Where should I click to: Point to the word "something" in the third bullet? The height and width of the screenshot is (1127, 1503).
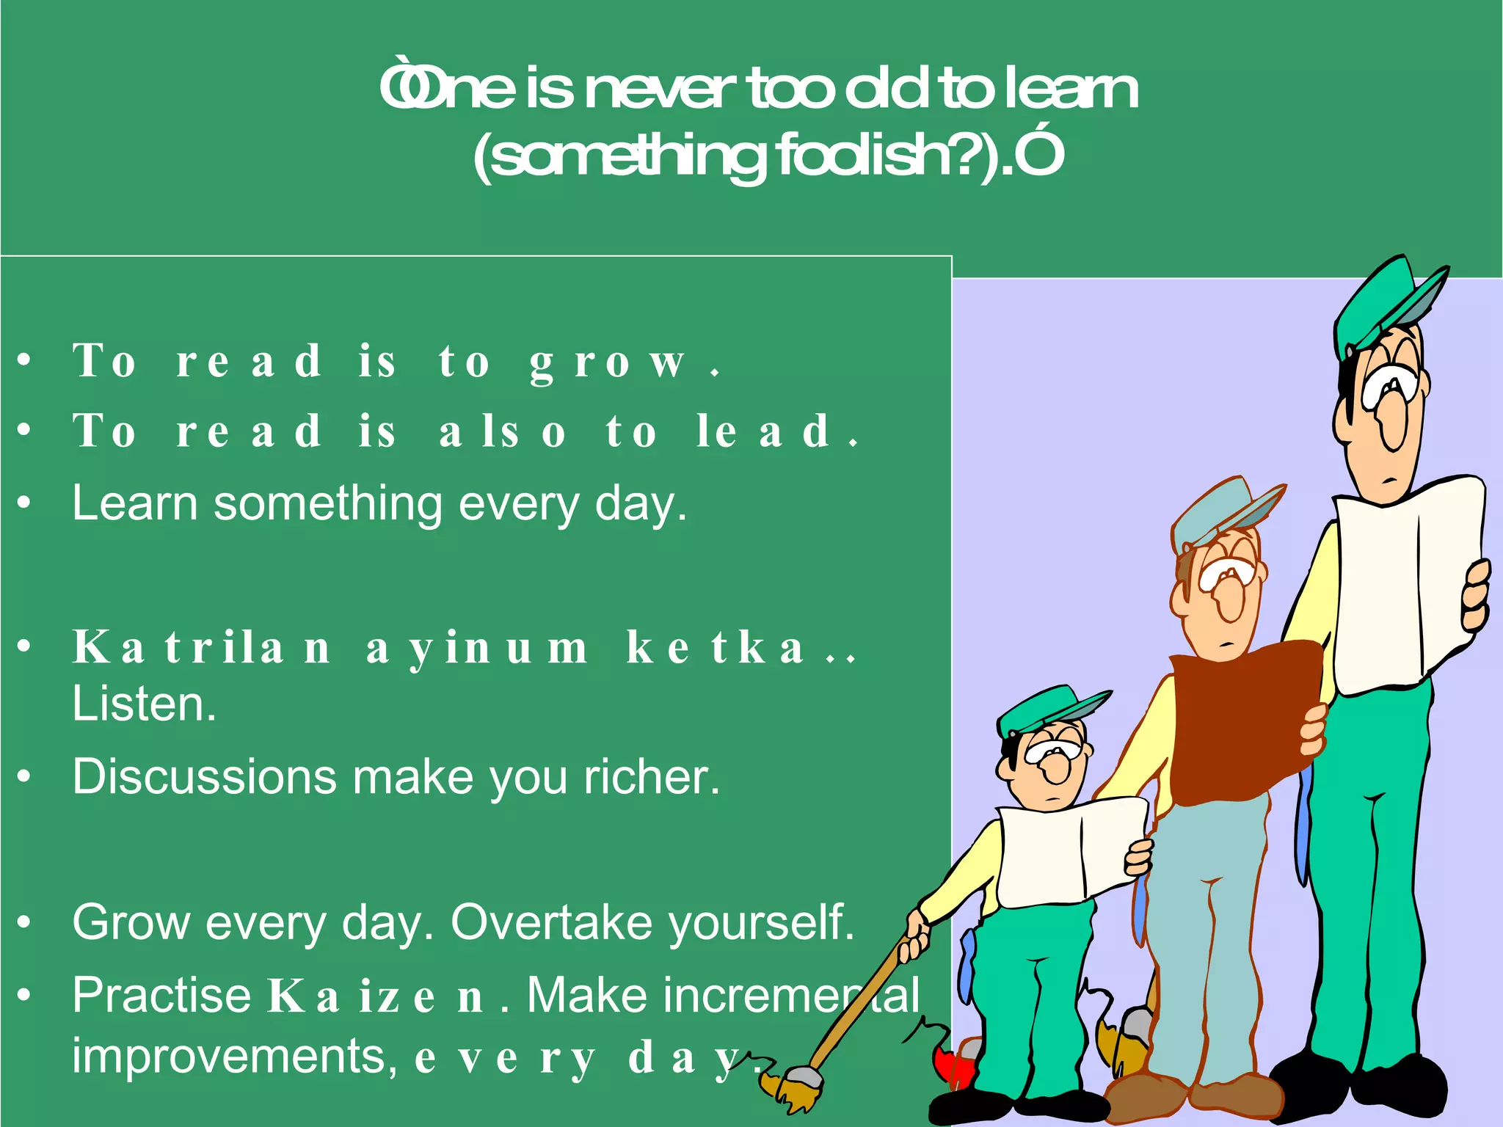point(327,505)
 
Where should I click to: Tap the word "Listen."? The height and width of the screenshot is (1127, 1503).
point(144,704)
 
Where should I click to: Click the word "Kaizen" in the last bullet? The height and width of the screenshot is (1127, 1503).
point(375,997)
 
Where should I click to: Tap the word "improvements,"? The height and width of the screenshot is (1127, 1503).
point(234,1057)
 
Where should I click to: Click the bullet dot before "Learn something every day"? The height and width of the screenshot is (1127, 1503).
point(25,503)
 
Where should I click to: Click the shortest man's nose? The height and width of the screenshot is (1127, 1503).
point(1057,767)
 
